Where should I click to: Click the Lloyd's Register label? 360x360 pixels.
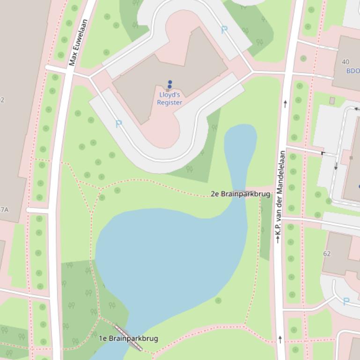tap(169, 99)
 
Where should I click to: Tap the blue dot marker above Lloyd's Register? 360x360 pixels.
tap(169, 84)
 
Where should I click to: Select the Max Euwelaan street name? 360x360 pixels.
tap(78, 42)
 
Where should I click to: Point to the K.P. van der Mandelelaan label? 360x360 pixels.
tap(279, 196)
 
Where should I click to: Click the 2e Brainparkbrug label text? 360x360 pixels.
tap(240, 194)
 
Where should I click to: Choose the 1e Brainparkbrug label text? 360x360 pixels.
tap(128, 338)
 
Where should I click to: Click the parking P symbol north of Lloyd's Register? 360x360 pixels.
tap(224, 30)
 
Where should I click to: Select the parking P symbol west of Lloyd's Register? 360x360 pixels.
tap(118, 124)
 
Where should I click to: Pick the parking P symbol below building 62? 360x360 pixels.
tap(346, 302)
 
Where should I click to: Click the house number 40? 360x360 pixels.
tap(345, 62)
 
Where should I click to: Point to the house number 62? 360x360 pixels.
tap(327, 253)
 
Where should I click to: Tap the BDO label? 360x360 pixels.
tap(353, 71)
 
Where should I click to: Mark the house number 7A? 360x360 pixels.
tap(4, 210)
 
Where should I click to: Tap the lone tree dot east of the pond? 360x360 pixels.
tap(218, 300)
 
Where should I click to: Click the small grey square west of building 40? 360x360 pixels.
tap(332, 101)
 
